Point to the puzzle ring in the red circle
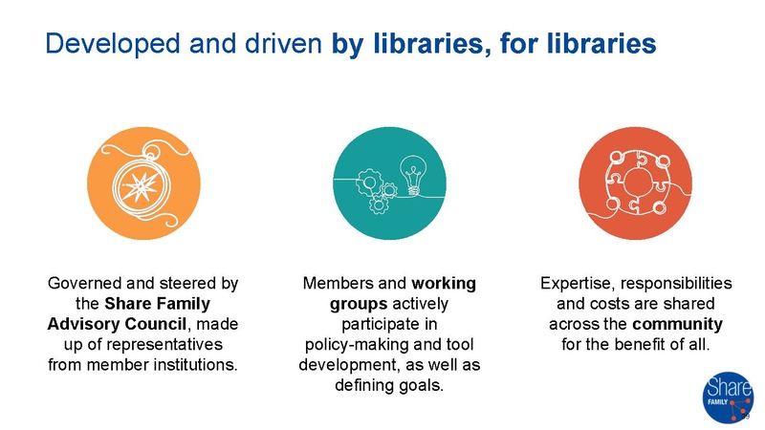[634, 182]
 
